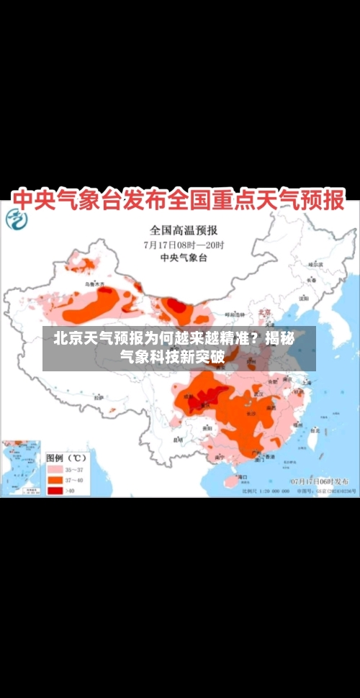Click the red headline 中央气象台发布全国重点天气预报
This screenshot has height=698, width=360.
(180, 199)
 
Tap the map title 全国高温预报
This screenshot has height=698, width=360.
(184, 231)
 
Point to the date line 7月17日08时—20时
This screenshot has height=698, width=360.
(184, 245)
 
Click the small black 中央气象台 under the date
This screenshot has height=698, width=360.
(184, 257)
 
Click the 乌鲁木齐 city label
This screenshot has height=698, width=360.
(94, 284)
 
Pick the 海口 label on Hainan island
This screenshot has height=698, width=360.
(243, 476)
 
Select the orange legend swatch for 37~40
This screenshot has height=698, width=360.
(55, 479)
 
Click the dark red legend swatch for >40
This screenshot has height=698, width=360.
(55, 490)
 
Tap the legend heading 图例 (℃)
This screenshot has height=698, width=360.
(66, 457)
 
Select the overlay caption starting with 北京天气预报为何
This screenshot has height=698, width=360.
(179, 347)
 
